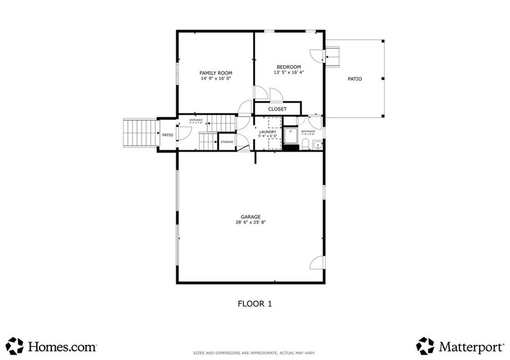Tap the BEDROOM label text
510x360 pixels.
tap(288, 67)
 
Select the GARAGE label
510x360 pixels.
tap(251, 217)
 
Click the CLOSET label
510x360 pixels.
tap(277, 109)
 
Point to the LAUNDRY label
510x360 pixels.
tap(267, 132)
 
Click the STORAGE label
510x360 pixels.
tap(227, 142)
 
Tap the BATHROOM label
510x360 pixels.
tap(308, 131)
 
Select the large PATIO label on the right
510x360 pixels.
tap(355, 79)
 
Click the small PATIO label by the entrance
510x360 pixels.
tap(167, 135)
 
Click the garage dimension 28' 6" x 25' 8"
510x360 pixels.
tap(251, 223)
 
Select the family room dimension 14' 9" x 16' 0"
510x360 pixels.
tap(216, 79)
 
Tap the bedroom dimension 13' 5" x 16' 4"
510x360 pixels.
tap(288, 73)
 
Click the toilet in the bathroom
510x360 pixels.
tap(306, 145)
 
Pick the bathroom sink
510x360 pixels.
tap(317, 145)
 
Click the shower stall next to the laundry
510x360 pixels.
tap(290, 135)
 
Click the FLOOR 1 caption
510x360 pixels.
tap(255, 303)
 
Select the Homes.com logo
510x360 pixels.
tap(51, 346)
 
